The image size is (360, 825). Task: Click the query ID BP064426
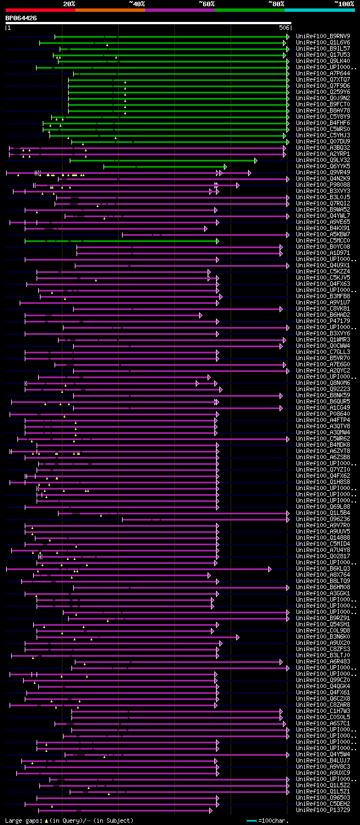coord(21,18)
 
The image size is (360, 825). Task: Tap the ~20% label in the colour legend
coord(69,3)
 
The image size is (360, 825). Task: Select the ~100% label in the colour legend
coord(344,3)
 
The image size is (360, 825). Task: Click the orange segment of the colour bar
coord(110,10)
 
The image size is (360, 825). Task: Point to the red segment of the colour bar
coord(40,10)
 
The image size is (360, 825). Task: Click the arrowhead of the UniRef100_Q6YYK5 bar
coord(225,167)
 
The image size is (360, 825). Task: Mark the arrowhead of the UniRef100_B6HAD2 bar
coord(200,315)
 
